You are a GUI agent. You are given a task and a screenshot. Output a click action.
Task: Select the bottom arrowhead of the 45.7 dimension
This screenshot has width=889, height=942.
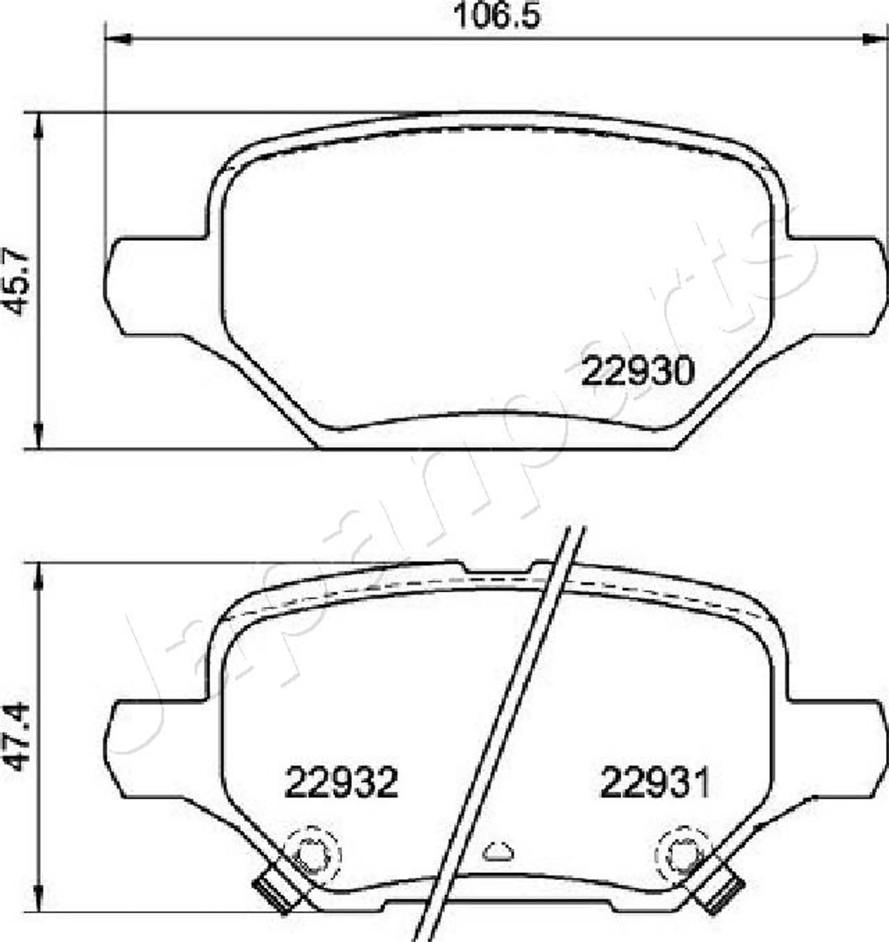point(38,436)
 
